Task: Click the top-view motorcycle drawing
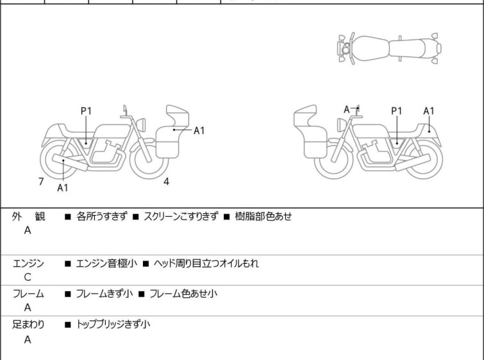coord(389,47)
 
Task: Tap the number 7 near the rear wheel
coord(41,182)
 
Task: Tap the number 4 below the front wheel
coord(166,182)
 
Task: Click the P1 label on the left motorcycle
coord(86,111)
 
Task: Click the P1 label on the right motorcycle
coord(397,111)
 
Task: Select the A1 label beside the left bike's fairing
coord(199,130)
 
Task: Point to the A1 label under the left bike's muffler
coord(63,188)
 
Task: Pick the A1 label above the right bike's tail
coord(429,111)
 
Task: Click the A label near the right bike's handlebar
coord(347,110)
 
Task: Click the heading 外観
coord(29,217)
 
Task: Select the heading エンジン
coord(29,263)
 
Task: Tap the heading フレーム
coord(29,294)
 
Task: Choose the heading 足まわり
coord(29,325)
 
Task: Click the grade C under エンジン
coord(28,277)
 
